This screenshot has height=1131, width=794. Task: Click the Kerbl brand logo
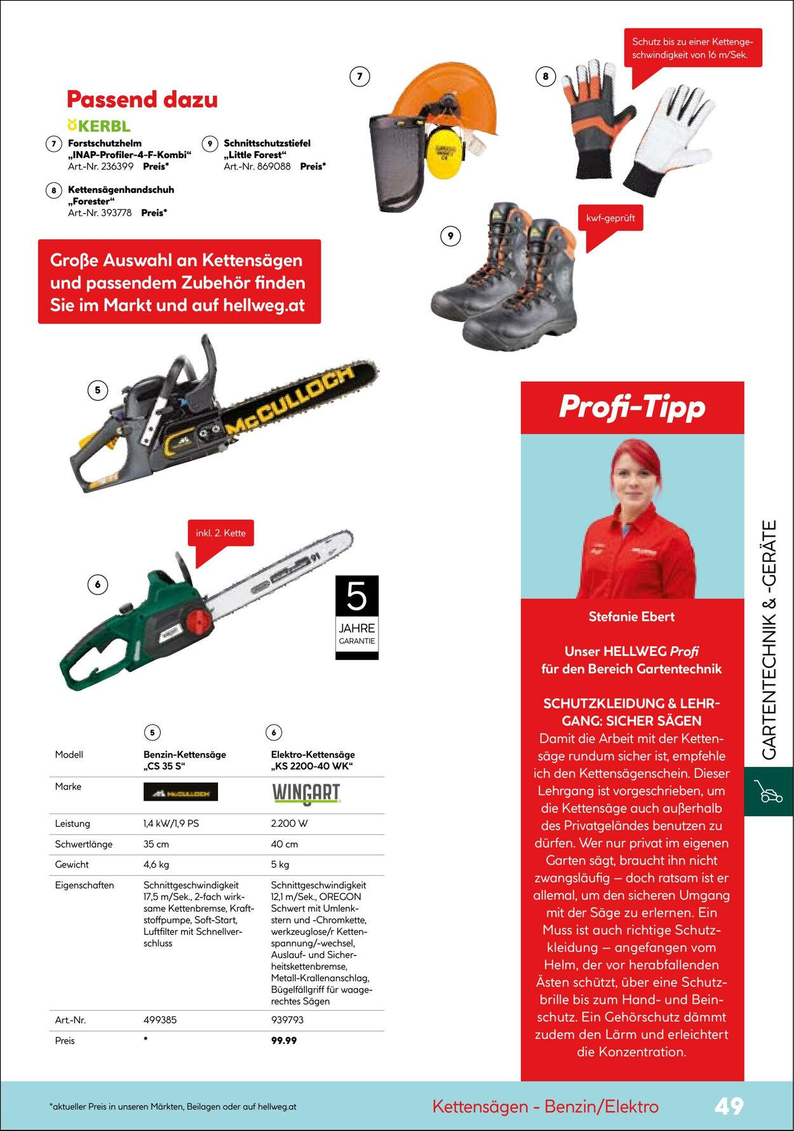[99, 126]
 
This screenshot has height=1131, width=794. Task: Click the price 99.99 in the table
[284, 1040]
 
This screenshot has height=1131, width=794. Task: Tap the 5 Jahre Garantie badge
[357, 617]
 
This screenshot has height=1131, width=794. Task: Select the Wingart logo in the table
[306, 793]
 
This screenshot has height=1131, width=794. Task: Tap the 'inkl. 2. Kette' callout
[220, 533]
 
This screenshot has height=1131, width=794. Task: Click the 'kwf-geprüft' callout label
[610, 218]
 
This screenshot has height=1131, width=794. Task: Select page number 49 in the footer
[729, 1106]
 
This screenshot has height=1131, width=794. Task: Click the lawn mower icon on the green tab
[768, 791]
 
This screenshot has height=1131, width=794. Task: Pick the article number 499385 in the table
[160, 1020]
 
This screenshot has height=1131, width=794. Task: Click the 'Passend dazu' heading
[142, 100]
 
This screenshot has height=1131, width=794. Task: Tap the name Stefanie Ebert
[631, 617]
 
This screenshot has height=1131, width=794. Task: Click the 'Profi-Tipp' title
[632, 407]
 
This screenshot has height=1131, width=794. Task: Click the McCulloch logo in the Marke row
[180, 792]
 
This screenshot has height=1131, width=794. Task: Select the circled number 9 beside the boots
[450, 236]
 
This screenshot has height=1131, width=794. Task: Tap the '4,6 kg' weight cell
[156, 864]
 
